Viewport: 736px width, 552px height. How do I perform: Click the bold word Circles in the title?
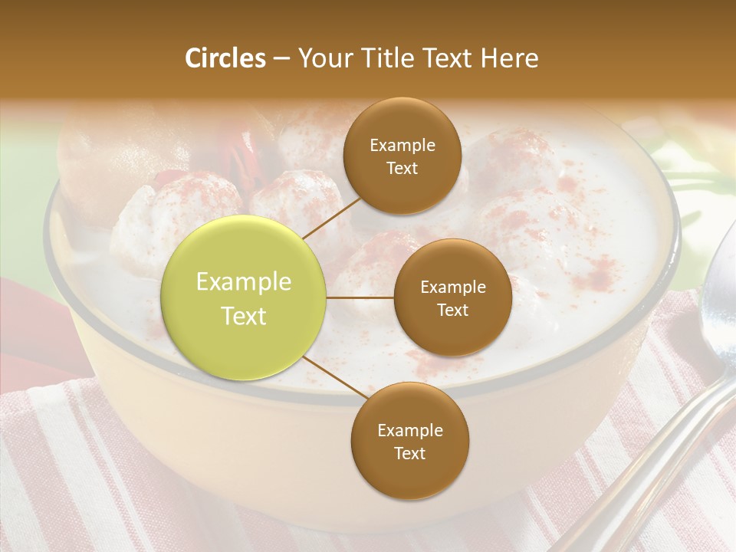point(225,58)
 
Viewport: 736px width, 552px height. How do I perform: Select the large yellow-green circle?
point(244,297)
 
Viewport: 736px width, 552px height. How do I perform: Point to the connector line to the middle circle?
point(360,297)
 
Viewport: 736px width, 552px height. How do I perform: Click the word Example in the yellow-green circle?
point(244,282)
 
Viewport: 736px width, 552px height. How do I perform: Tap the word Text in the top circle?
point(402,169)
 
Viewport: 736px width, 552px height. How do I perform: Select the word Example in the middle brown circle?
point(452,287)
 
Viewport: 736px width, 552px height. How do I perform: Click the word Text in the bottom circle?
point(409,453)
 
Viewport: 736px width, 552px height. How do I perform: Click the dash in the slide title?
point(281,58)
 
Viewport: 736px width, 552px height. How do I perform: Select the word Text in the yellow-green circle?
point(244,316)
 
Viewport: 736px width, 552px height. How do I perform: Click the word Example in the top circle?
point(402,146)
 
